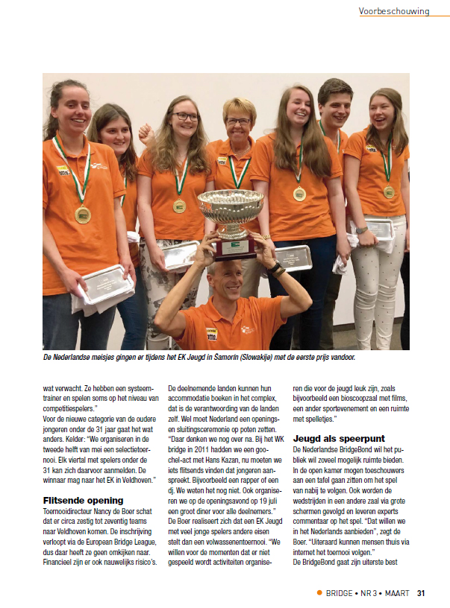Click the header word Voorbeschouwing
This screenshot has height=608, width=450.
coord(393,11)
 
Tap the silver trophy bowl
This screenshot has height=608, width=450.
coord(230,206)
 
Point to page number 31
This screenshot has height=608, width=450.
coord(422,593)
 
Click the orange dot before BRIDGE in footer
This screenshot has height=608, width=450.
coord(320,593)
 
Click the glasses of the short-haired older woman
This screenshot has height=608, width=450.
coord(238,121)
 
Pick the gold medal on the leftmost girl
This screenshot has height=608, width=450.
coord(82,215)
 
